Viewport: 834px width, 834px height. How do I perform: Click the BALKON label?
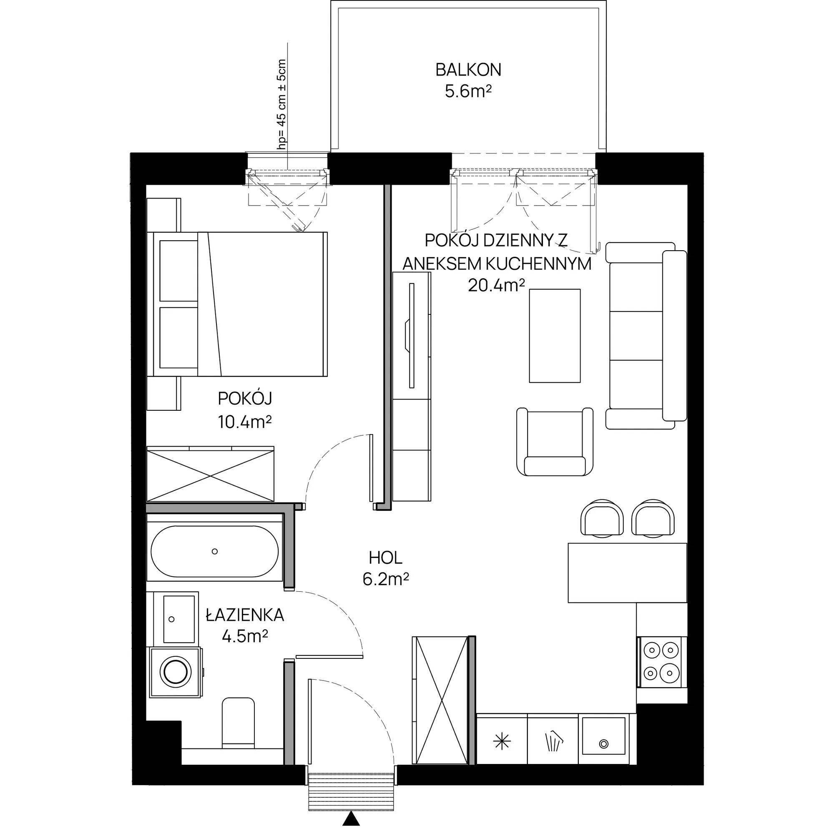[x=468, y=70]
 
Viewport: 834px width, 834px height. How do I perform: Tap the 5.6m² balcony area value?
[x=468, y=91]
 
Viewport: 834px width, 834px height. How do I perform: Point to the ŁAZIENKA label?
[x=245, y=615]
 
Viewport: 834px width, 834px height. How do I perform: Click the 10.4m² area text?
[x=245, y=421]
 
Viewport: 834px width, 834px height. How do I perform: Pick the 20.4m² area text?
[x=496, y=285]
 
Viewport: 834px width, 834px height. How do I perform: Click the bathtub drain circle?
[x=214, y=551]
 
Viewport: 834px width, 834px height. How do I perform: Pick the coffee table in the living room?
[x=555, y=335]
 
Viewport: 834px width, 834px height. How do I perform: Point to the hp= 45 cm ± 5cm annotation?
[x=282, y=104]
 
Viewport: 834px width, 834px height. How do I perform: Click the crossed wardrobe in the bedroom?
[x=210, y=475]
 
